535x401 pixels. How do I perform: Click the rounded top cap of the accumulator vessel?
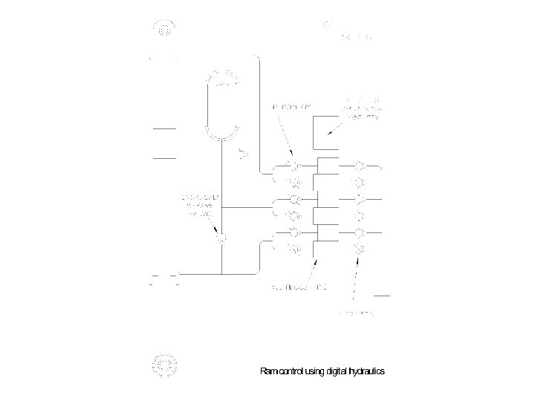[222, 78]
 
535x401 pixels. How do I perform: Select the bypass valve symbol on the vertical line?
[221, 239]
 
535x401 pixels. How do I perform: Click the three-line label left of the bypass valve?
[196, 205]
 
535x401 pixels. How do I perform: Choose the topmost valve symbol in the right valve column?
[359, 165]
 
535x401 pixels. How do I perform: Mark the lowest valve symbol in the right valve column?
[359, 250]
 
